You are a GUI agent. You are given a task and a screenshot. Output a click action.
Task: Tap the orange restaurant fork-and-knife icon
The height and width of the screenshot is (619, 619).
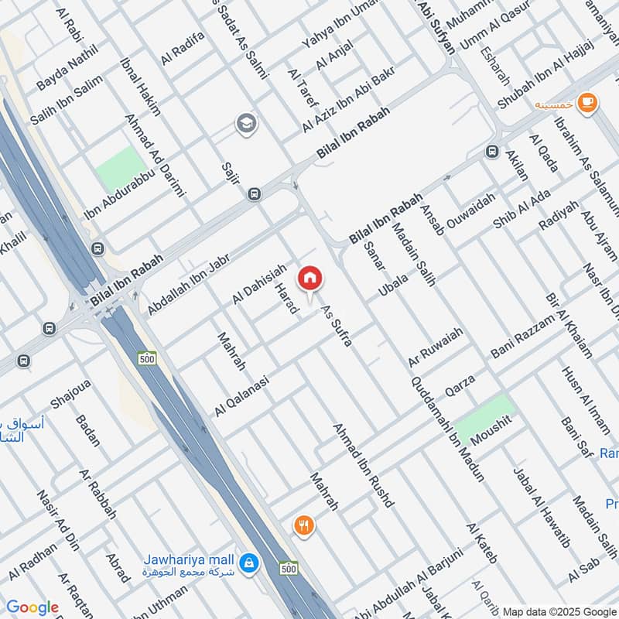click(x=303, y=527)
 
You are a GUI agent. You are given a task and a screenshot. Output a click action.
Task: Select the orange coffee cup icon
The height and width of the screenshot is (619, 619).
click(x=587, y=101)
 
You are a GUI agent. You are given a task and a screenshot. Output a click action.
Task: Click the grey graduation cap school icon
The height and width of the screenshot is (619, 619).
click(x=247, y=123)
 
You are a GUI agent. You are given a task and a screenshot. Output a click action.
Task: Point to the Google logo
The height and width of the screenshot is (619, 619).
click(x=32, y=608)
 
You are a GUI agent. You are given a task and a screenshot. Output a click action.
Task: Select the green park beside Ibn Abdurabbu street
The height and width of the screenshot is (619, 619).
click(x=121, y=167)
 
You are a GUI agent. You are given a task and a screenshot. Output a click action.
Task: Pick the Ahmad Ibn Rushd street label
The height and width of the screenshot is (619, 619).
click(x=364, y=465)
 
